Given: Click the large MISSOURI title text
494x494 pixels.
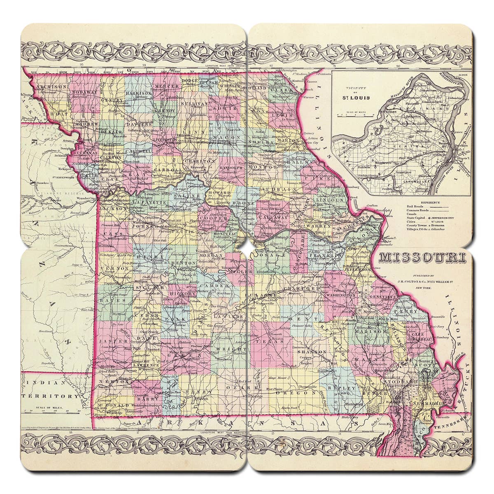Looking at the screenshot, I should click(x=422, y=258).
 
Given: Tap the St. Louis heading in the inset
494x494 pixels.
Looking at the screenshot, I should click(x=357, y=98).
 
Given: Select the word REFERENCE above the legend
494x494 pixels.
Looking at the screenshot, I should click(x=428, y=203).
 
